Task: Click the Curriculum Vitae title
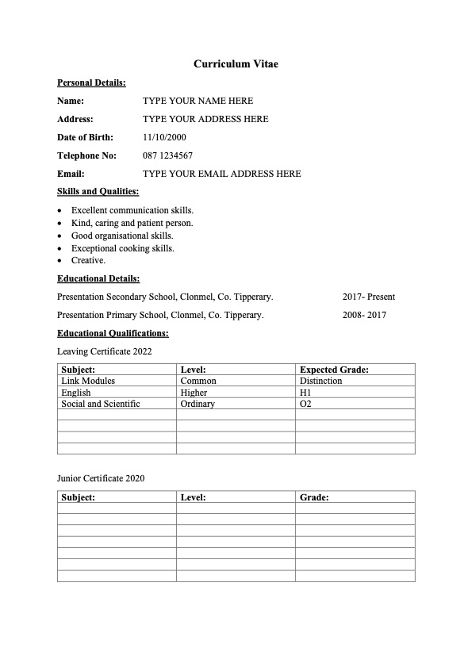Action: click(x=236, y=63)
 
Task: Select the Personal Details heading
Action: click(x=91, y=82)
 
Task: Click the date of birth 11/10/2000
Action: click(x=164, y=137)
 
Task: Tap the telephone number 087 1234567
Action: click(x=167, y=155)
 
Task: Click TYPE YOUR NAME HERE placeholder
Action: click(x=198, y=101)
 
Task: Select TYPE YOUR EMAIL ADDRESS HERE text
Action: click(x=221, y=174)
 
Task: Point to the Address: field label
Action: click(x=75, y=119)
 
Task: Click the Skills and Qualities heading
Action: click(x=98, y=192)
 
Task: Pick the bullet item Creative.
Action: click(x=88, y=260)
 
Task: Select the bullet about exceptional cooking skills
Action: click(x=122, y=248)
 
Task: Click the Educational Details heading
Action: click(x=98, y=278)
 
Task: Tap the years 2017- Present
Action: click(x=368, y=297)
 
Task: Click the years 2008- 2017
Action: click(x=364, y=315)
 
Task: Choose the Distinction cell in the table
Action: click(x=321, y=381)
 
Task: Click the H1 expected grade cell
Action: click(x=305, y=392)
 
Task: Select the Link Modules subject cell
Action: click(x=88, y=381)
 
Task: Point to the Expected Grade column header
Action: click(x=334, y=370)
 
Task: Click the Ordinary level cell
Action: click(x=198, y=404)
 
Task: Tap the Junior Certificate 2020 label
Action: click(x=101, y=478)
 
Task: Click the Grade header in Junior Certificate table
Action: click(x=314, y=497)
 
